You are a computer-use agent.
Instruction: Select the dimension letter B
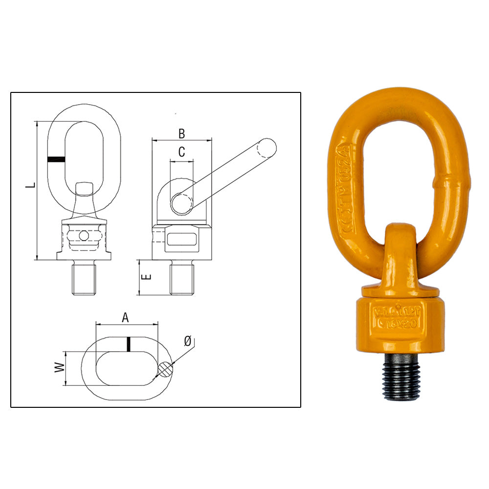pyautogui.click(x=181, y=133)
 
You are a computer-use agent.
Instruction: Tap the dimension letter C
pyautogui.click(x=181, y=153)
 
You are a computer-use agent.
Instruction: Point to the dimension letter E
pyautogui.click(x=146, y=277)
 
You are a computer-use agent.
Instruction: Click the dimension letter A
pyautogui.click(x=126, y=318)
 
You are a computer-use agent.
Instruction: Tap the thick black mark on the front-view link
pyautogui.click(x=56, y=159)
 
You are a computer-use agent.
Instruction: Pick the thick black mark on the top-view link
pyautogui.click(x=128, y=344)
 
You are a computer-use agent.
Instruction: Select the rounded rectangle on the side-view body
pyautogui.click(x=181, y=240)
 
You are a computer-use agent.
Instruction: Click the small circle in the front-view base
pyautogui.click(x=84, y=236)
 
